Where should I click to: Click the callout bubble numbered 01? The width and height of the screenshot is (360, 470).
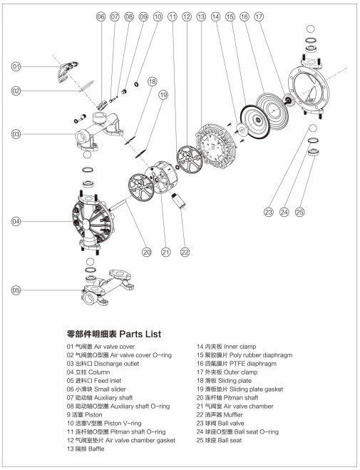coord(16,66)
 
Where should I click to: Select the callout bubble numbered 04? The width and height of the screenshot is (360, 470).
coord(16,222)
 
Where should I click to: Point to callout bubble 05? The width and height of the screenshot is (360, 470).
coord(16,290)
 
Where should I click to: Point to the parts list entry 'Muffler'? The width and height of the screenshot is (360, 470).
coord(227,414)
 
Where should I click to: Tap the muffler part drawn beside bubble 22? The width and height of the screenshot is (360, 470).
coord(181,197)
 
